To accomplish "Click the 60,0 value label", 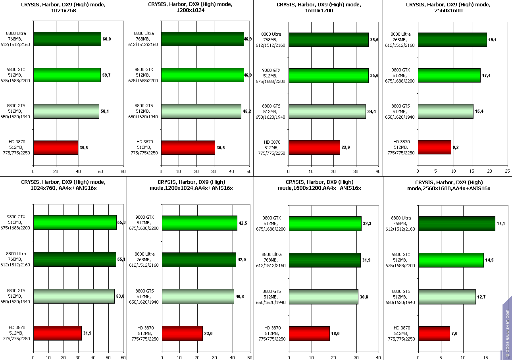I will point(107,39).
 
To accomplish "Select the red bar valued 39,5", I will point(56,148).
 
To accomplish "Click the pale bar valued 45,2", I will point(201,112).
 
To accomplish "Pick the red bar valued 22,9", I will point(314,148).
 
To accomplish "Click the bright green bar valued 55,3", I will point(75,223).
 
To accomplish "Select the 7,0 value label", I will point(455,334).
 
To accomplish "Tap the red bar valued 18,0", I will point(309,334).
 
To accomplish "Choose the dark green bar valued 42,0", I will point(199,260).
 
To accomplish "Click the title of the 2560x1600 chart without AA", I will point(448,8).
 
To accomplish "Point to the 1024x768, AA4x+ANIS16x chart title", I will point(64,185).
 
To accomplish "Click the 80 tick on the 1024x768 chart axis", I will point(123,171).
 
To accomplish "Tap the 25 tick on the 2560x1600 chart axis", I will point(507,171).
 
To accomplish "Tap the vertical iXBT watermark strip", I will point(507,325).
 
